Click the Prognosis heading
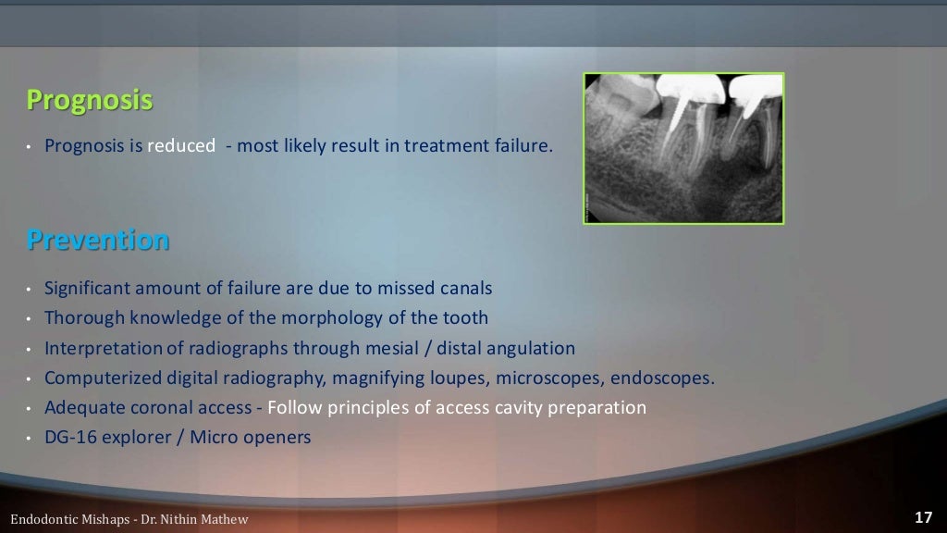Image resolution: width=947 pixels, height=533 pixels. point(89,100)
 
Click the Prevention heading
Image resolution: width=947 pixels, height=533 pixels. point(98,241)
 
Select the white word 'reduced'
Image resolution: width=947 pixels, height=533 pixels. point(181,145)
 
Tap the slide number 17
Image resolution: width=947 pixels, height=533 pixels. point(922,517)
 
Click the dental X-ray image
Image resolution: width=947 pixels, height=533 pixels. point(683,148)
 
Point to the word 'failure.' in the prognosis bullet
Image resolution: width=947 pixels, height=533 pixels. point(521,145)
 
